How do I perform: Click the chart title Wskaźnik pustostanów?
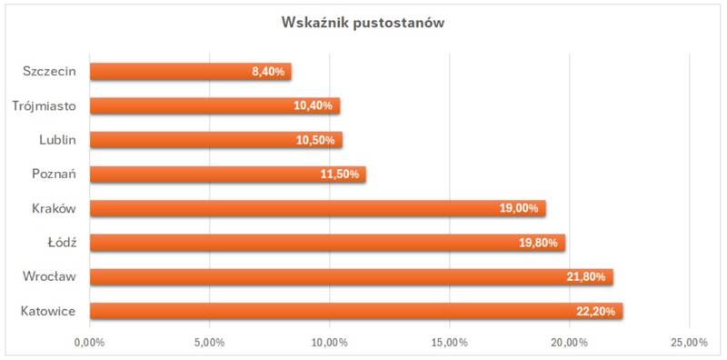363,24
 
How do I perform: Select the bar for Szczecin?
191,72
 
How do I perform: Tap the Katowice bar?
356,311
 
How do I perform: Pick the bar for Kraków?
317,208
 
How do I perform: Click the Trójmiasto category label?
45,106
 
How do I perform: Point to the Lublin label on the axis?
57,140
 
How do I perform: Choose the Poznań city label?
55,175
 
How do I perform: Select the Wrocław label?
50,277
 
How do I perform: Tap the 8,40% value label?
268,73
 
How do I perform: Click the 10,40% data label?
313,106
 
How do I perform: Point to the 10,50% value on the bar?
315,141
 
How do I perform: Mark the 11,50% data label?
339,175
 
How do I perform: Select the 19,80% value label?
538,243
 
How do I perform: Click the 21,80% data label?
586,277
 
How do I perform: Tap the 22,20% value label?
596,311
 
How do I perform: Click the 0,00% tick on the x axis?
89,343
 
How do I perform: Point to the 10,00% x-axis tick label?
330,343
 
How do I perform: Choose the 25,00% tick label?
689,343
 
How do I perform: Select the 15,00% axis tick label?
450,343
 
